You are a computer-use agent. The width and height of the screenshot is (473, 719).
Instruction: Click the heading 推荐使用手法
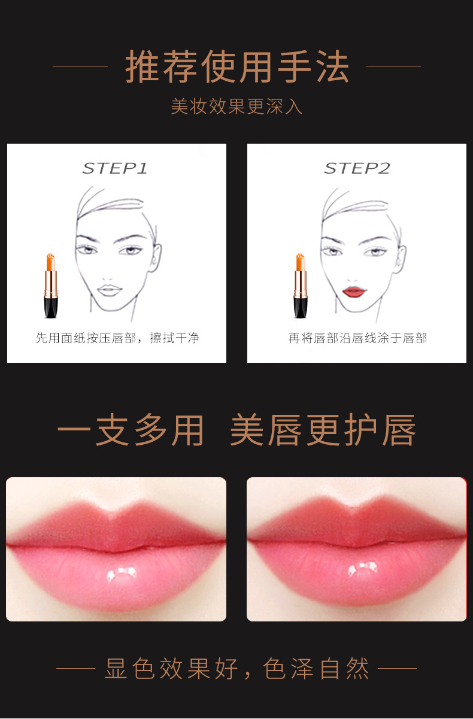point(236,67)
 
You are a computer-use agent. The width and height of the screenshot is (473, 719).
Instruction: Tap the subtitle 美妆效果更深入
point(236,107)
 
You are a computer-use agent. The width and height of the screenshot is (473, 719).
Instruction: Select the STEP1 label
point(115,169)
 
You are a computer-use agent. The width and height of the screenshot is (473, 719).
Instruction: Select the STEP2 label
point(357,169)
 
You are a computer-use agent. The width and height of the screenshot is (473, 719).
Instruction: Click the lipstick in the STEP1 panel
point(51,286)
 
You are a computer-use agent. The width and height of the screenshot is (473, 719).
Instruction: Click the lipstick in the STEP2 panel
point(300,286)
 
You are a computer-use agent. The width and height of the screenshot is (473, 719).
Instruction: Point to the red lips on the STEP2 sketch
point(354,292)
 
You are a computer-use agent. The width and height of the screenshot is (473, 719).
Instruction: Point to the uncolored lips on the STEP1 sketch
point(110,290)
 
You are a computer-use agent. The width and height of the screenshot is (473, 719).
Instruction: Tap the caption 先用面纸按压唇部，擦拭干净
point(117,338)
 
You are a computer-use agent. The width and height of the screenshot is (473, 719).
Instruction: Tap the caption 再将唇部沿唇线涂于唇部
point(357,338)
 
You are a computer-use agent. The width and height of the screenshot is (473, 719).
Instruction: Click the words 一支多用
point(131,430)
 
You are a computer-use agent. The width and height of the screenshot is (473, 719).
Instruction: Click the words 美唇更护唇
point(323,430)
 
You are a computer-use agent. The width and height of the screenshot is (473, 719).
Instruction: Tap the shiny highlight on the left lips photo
point(122,575)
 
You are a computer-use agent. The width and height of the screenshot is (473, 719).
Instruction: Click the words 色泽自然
point(316,669)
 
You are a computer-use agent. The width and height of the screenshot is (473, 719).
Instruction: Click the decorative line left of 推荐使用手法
point(80,66)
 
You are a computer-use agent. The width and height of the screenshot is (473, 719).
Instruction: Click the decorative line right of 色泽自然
point(397,668)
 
